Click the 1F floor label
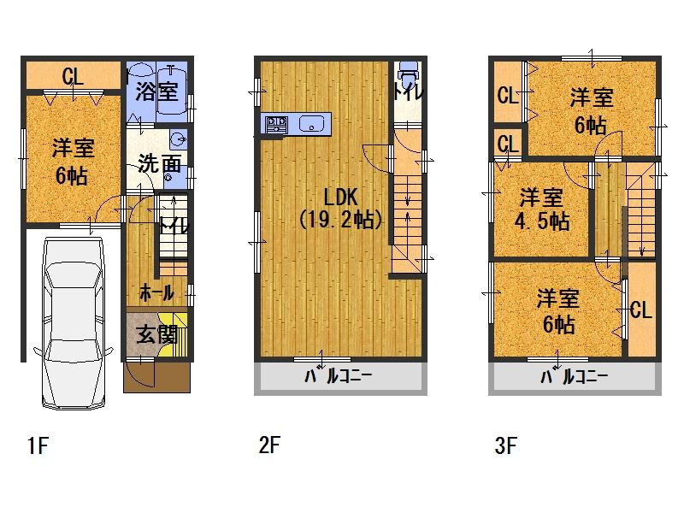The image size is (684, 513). click(x=35, y=445)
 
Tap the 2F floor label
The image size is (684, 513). click(x=270, y=445)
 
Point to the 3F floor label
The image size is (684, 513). click(x=504, y=445)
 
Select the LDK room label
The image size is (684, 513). click(x=340, y=194)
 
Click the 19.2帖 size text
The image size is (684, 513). click(x=340, y=220)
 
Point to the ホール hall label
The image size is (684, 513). click(x=156, y=292)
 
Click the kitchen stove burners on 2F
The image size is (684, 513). click(x=275, y=125)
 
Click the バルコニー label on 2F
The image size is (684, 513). click(x=339, y=379)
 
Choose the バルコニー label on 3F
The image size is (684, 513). click(x=573, y=379)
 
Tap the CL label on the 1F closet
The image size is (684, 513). click(x=74, y=77)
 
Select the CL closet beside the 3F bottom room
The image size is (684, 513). click(x=641, y=309)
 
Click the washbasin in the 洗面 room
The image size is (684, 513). click(x=177, y=140)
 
